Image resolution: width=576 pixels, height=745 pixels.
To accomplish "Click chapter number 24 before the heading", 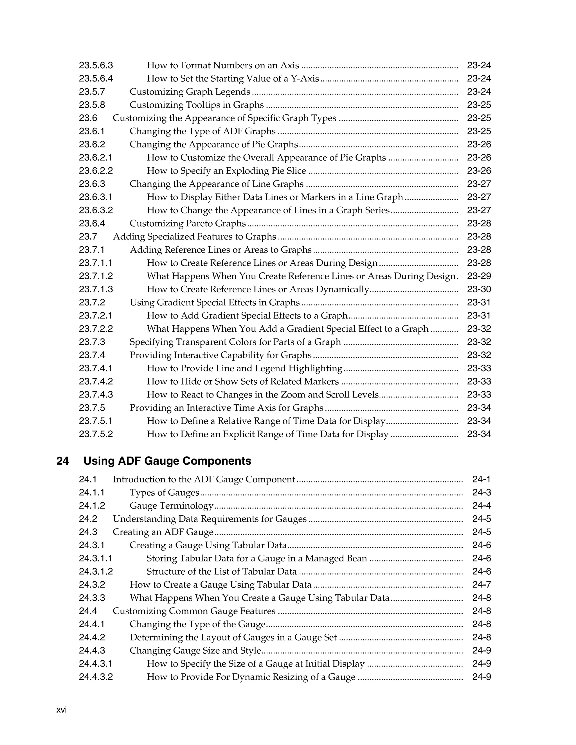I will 62,461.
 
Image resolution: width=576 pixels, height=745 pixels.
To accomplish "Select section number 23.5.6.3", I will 96,65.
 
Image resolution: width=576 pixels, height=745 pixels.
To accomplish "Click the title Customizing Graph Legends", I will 190,91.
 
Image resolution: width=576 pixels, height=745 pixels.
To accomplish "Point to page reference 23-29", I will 479,276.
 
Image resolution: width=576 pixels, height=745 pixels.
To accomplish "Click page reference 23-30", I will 479,289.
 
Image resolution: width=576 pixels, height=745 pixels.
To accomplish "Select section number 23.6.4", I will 92,223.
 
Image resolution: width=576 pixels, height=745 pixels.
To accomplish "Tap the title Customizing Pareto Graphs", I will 188,223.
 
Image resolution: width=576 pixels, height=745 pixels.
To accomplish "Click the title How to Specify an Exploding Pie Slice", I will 226,171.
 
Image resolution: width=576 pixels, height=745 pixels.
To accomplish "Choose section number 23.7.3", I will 92,342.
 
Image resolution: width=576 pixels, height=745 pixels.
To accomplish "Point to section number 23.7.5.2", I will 96,434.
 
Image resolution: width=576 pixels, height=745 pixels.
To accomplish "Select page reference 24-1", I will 481,479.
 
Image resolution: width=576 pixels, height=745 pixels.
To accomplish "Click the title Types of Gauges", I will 164,493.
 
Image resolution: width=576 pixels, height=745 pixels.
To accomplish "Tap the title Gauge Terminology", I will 171,505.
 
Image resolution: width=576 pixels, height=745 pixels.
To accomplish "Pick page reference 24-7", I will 481,585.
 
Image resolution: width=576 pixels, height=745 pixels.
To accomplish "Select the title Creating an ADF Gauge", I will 163,532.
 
